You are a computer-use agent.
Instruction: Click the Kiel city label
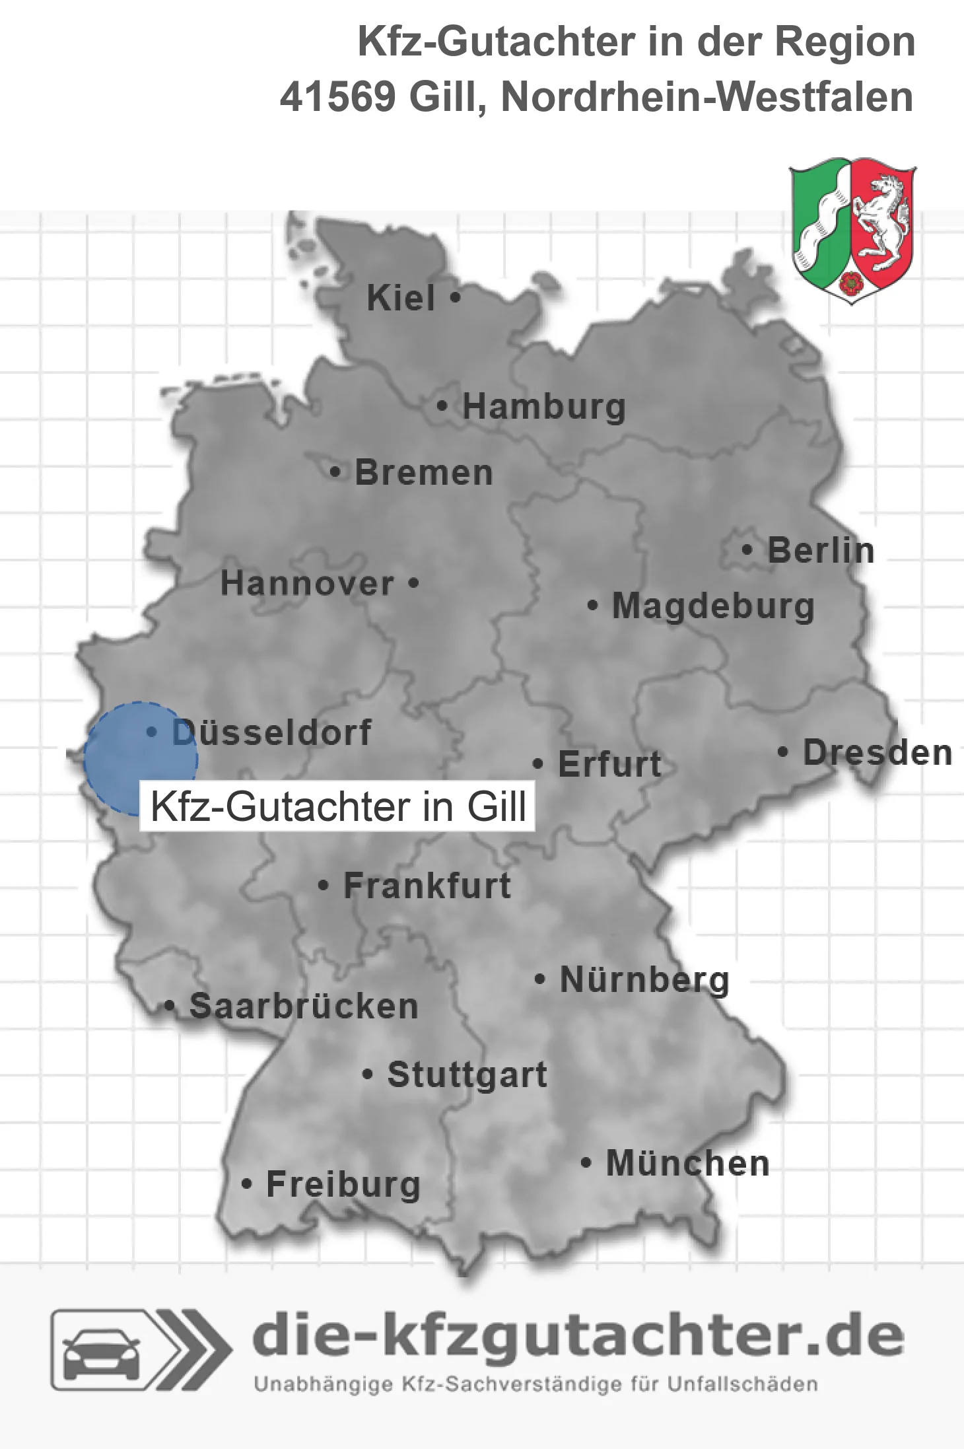pos(401,298)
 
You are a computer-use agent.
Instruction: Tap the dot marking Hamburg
pos(442,406)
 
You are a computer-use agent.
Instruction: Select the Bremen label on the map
pos(424,473)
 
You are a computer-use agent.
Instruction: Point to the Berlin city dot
pos(747,549)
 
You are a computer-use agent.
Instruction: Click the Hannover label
pos(307,584)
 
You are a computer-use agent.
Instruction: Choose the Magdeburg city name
pos(713,606)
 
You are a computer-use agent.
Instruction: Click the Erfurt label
pos(609,765)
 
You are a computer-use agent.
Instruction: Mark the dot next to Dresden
pos(783,752)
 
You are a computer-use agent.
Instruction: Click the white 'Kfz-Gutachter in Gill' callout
pos(337,806)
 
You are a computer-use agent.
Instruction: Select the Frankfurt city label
pos(427,886)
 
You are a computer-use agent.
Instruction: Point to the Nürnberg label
pos(644,980)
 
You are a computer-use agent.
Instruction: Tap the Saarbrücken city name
pos(304,1007)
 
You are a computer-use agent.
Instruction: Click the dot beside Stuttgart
pos(368,1075)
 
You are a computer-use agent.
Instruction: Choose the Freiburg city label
pos(343,1184)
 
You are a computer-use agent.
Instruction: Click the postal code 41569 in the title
pos(337,97)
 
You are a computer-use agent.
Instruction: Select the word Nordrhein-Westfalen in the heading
pos(707,97)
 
